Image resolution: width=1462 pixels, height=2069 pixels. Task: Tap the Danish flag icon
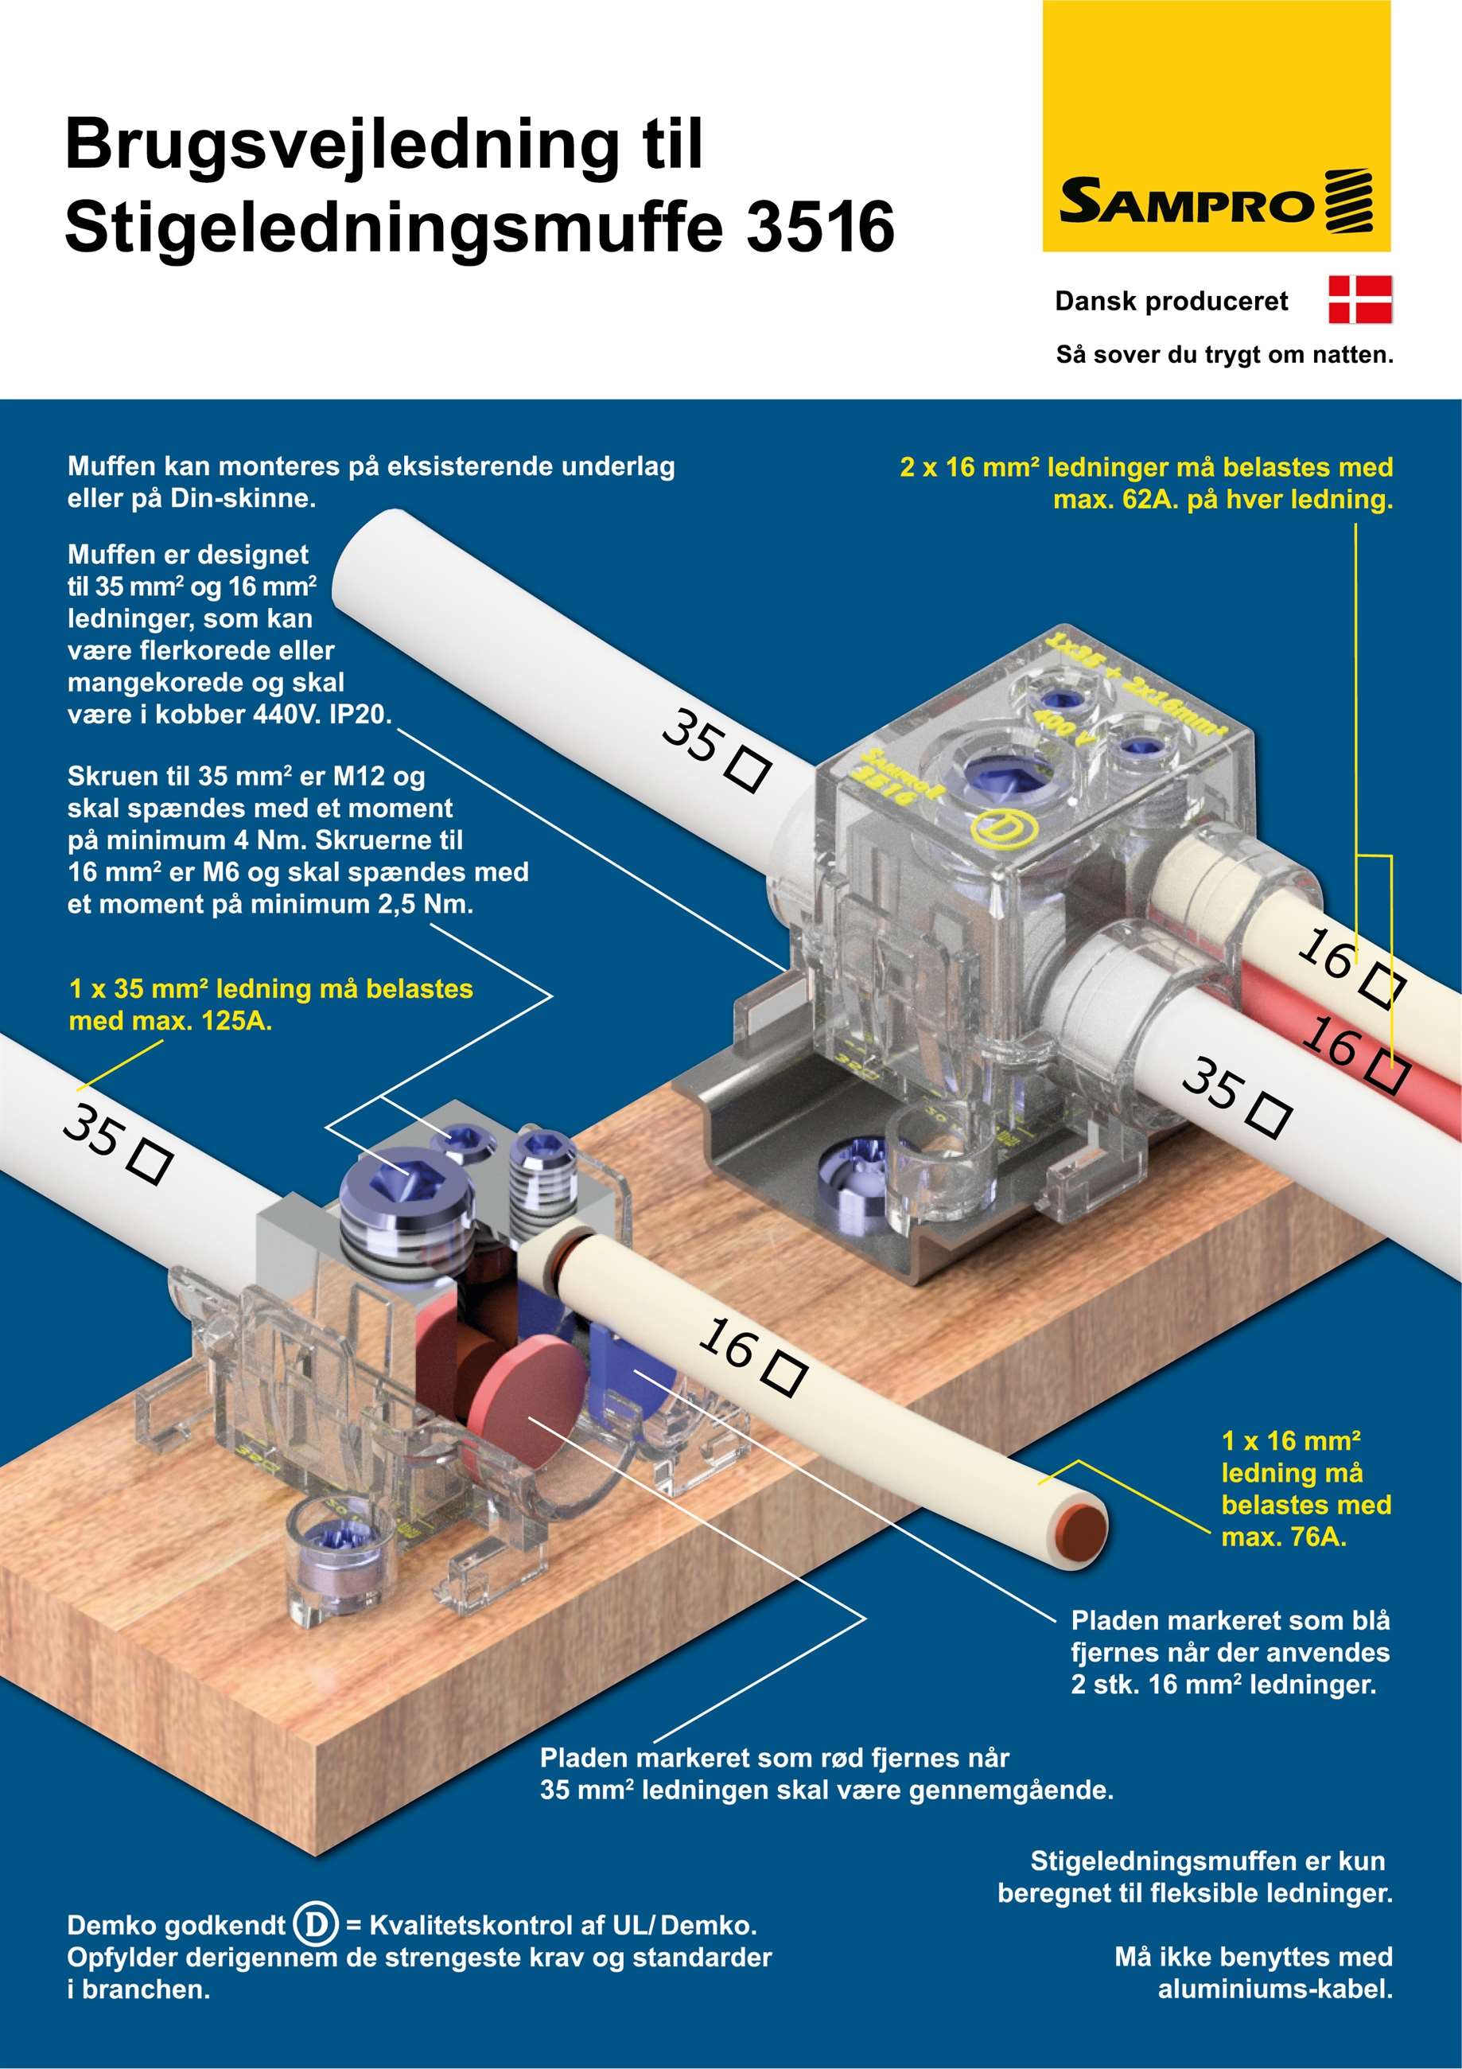[1360, 300]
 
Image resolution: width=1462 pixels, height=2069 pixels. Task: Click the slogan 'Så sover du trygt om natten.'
[1224, 355]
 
